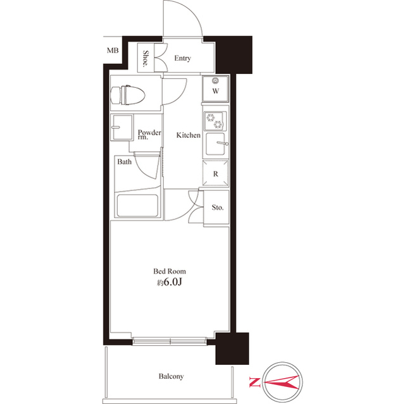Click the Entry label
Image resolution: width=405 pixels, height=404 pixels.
(x=182, y=59)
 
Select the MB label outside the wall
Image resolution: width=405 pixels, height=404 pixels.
(x=112, y=51)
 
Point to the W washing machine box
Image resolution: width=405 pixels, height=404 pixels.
(x=215, y=90)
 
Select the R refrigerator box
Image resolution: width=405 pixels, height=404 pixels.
(x=215, y=173)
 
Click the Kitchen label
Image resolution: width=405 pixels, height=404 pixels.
(x=188, y=135)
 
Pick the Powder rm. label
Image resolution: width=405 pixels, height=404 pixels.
(x=149, y=135)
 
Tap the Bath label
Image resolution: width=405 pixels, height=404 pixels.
(x=124, y=162)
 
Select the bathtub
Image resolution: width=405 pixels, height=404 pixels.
(x=137, y=205)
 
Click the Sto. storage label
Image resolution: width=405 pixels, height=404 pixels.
(x=217, y=207)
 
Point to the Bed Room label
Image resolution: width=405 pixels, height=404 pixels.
(x=168, y=271)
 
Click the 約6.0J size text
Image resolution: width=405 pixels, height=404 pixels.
(x=170, y=282)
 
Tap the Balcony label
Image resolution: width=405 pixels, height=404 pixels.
(x=171, y=377)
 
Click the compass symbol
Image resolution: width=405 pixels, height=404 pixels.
(x=281, y=381)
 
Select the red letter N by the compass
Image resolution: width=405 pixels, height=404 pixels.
(x=253, y=381)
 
